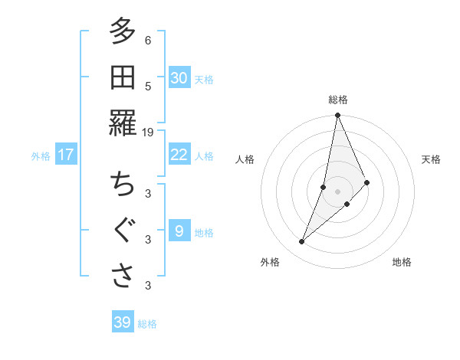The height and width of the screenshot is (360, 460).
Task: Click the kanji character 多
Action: (123, 32)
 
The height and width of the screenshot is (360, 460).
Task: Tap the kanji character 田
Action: (123, 77)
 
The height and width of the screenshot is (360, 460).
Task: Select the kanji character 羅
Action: (123, 123)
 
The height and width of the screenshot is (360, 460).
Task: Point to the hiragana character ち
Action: (123, 185)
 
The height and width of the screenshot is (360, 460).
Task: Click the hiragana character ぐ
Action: (123, 231)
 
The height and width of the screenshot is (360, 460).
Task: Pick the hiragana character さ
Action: (123, 277)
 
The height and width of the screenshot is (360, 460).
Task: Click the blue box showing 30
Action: (179, 78)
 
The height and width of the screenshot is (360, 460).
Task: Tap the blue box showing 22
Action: (179, 155)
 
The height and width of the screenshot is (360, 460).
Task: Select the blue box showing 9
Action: (179, 231)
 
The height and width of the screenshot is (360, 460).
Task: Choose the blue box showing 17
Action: (66, 155)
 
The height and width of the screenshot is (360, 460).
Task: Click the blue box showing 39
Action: (123, 322)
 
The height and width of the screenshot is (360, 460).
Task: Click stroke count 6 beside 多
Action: (148, 40)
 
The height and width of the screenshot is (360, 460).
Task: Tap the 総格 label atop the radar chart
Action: (337, 100)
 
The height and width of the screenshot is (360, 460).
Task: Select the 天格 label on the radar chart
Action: (432, 159)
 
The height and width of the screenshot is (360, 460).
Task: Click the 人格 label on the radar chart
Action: (245, 159)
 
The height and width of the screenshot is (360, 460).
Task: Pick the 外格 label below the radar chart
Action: (269, 262)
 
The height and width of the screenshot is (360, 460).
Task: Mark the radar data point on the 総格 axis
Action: (337, 116)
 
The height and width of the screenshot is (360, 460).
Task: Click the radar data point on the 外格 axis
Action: (302, 241)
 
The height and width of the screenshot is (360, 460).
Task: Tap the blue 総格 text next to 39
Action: (147, 324)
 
